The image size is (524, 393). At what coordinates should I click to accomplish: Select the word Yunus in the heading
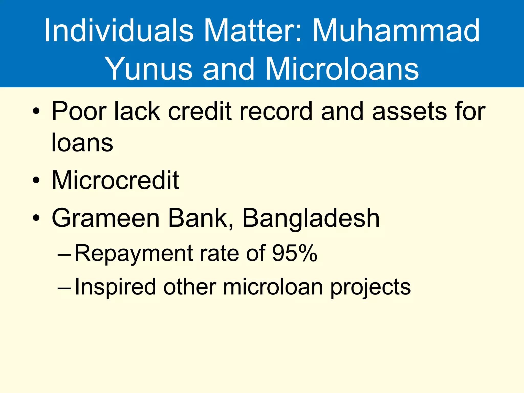[149, 69]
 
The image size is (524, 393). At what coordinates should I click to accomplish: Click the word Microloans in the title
[342, 69]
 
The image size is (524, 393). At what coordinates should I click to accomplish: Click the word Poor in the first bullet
[79, 111]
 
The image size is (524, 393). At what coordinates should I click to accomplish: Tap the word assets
[409, 111]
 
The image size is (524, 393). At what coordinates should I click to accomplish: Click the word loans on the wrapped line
[82, 143]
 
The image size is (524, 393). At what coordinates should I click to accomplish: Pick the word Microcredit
[115, 180]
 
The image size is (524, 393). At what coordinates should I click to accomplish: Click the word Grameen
[106, 218]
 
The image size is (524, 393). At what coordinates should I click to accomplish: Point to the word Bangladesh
[311, 218]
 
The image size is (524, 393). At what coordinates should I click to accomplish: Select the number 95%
[294, 253]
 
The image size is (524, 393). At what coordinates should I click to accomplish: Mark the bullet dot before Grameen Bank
[36, 218]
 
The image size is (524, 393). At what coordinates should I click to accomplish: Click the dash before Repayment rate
[64, 255]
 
